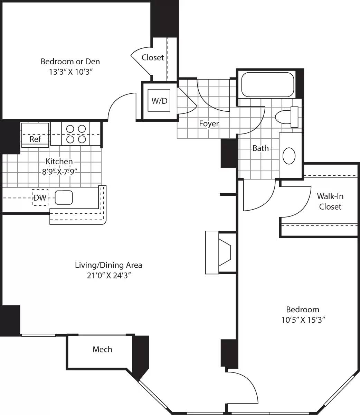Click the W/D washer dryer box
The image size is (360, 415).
point(159,101)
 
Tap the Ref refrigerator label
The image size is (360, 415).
point(35,139)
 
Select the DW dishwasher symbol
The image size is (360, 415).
point(40,197)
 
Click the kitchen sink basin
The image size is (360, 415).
point(64,197)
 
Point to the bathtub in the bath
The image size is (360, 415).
point(267,85)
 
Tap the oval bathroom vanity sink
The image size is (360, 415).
point(289,156)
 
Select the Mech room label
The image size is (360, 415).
point(102,349)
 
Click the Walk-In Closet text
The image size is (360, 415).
point(330,201)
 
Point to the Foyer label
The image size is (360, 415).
point(209,123)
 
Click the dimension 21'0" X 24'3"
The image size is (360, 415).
point(108,276)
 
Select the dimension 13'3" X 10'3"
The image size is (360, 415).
point(70,72)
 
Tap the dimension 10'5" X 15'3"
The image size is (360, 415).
point(302,320)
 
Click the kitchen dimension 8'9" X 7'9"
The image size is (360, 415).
point(59,172)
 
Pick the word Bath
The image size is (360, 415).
point(260,148)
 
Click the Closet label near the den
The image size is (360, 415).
point(153,57)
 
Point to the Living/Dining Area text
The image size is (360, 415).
point(108,265)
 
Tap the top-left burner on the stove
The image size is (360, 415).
point(70,129)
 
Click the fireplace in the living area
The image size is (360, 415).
point(221,252)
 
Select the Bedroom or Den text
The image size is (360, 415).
point(70,62)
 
